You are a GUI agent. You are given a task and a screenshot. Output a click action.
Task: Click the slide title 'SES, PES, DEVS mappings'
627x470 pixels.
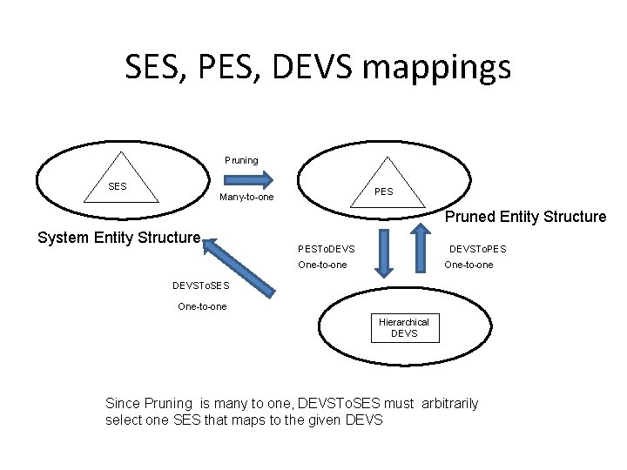[317, 67]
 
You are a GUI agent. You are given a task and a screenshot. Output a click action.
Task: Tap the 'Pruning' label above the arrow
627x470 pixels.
[241, 160]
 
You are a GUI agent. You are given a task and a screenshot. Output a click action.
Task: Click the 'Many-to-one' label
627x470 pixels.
[246, 198]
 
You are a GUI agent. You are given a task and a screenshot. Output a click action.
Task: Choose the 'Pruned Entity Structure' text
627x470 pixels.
[525, 217]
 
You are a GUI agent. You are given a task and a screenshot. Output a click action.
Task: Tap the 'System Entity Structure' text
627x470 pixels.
[120, 238]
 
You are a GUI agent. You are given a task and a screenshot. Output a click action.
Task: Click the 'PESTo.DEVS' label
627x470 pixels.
[327, 250]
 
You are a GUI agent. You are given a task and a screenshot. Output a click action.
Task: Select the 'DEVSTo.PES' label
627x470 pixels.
[477, 250]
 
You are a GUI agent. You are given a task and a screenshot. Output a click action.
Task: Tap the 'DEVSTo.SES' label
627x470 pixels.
[201, 285]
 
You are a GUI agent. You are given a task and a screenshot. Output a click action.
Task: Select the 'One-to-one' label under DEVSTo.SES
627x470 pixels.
[202, 305]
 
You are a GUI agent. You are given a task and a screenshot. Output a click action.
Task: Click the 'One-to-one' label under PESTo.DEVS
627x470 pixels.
[322, 265]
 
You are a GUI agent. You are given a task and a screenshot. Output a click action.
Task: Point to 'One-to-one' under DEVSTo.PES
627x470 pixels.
[469, 265]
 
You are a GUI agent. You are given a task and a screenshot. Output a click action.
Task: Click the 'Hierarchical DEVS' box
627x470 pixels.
[404, 328]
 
